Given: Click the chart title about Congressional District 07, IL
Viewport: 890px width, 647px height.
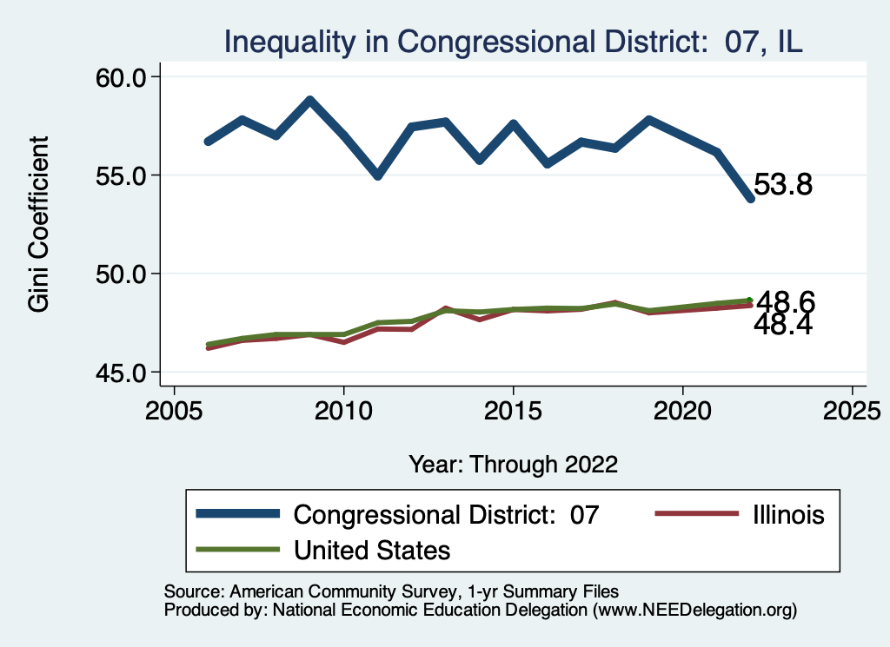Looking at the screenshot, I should (x=513, y=42).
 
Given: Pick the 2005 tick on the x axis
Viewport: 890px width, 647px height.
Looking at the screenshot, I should (x=174, y=409).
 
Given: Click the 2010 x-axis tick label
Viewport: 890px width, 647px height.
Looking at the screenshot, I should (x=343, y=409).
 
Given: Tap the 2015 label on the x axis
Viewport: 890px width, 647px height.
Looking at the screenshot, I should (x=513, y=409).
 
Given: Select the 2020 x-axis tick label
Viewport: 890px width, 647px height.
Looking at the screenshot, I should (x=682, y=409).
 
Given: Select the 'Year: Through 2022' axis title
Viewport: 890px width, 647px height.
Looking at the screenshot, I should (x=513, y=464).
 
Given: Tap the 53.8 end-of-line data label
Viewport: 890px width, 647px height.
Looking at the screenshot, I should (x=783, y=185).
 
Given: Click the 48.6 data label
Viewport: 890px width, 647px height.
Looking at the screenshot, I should (x=786, y=301).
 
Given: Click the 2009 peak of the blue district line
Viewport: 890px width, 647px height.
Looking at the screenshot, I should (x=309, y=100).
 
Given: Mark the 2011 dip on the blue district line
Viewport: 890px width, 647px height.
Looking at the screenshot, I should (x=377, y=176).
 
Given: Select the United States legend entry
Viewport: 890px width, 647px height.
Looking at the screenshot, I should (x=372, y=550).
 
